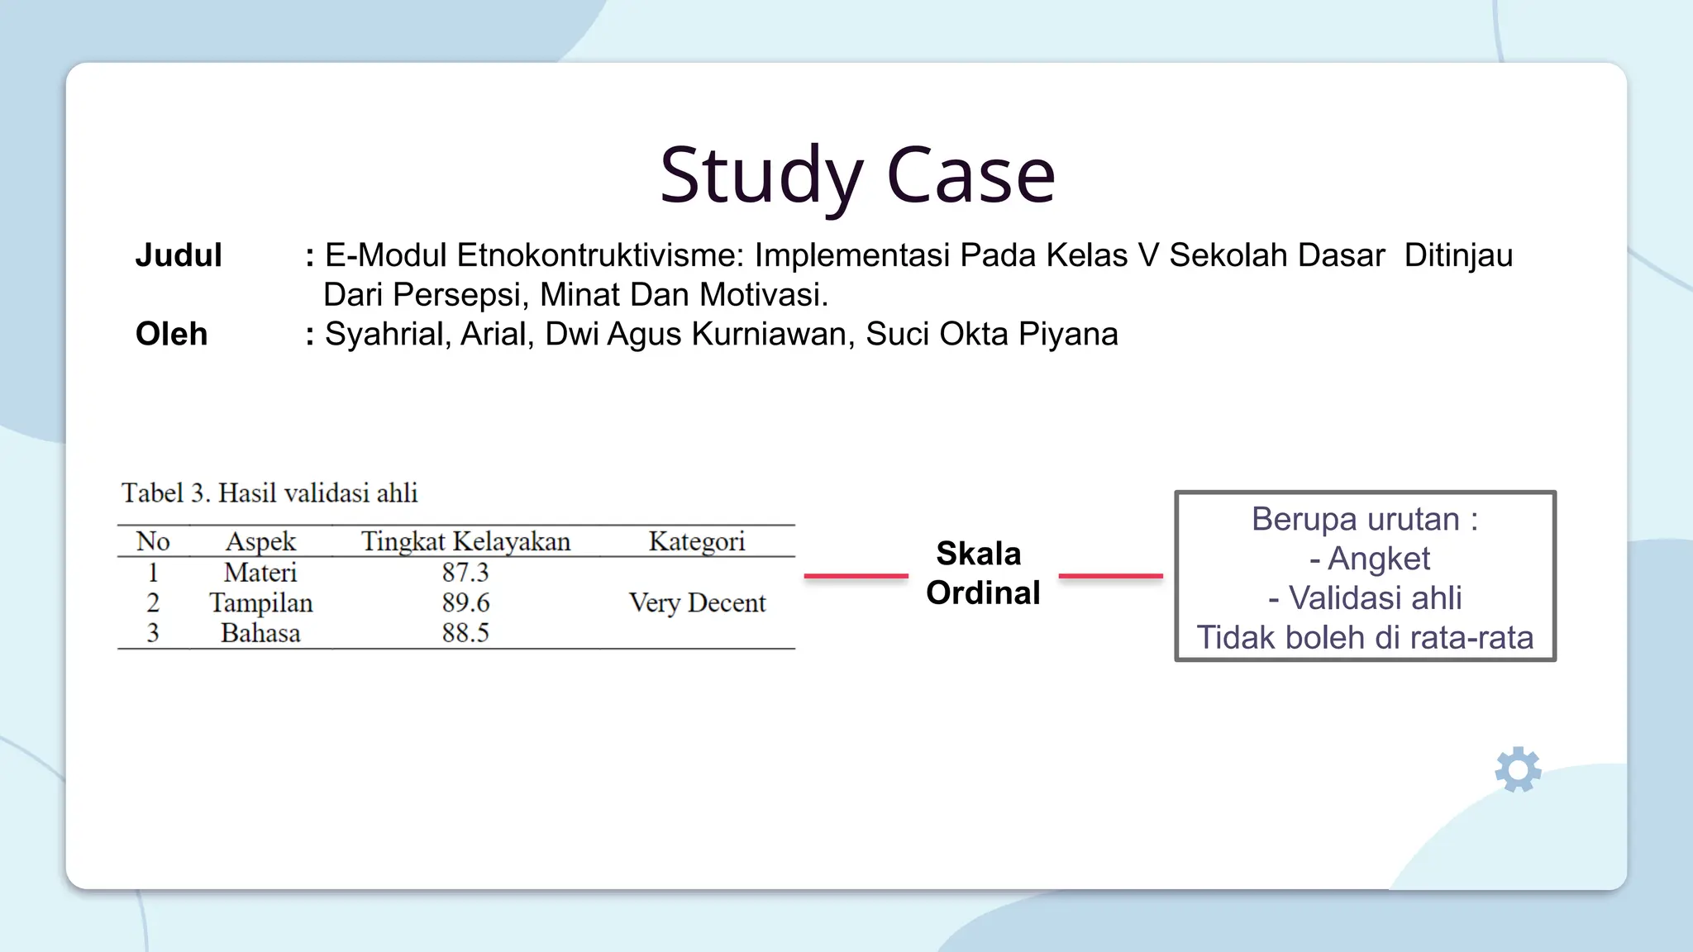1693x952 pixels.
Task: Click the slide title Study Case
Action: click(x=857, y=175)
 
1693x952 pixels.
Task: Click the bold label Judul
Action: click(x=179, y=255)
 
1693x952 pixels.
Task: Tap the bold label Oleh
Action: click(x=171, y=334)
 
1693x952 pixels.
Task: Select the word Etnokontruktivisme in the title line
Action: click(x=601, y=255)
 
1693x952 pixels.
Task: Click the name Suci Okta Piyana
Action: click(x=991, y=334)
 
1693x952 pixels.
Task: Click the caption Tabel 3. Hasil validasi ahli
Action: click(x=269, y=493)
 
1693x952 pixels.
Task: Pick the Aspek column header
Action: click(x=260, y=541)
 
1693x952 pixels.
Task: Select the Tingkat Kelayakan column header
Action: click(x=465, y=541)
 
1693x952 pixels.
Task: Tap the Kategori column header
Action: click(x=696, y=541)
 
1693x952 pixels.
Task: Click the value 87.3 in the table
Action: click(x=465, y=572)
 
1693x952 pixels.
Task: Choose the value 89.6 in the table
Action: click(x=465, y=602)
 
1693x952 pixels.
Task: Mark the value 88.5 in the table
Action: click(x=465, y=633)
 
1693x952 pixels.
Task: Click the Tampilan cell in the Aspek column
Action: click(x=260, y=602)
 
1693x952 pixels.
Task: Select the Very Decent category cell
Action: click(x=696, y=602)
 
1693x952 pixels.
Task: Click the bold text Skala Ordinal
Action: click(x=982, y=574)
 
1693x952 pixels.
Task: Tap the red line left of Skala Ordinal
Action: click(x=856, y=576)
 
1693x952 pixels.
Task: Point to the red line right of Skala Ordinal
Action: click(x=1110, y=576)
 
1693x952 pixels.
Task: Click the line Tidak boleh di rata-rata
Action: click(x=1365, y=637)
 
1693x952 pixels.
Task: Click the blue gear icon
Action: click(x=1518, y=770)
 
